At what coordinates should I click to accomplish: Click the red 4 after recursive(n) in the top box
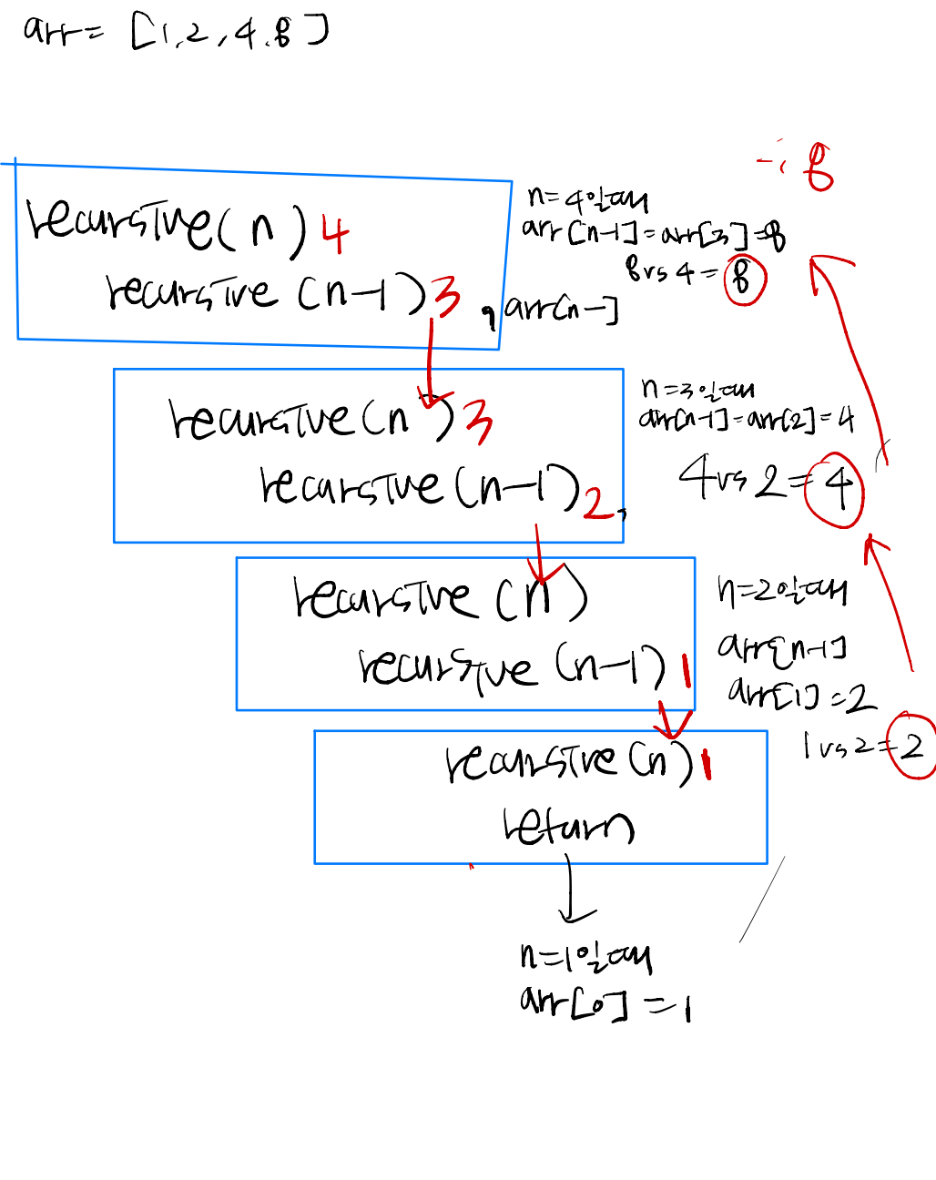pyautogui.click(x=335, y=235)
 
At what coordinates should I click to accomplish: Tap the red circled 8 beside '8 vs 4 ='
pyautogui.click(x=744, y=280)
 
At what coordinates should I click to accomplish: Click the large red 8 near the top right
pyautogui.click(x=819, y=168)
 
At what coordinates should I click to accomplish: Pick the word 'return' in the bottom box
pyautogui.click(x=567, y=827)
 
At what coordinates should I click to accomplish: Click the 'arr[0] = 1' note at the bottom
pyautogui.click(x=605, y=1004)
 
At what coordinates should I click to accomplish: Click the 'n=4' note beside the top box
pyautogui.click(x=588, y=197)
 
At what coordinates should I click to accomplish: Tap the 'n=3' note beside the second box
pyautogui.click(x=697, y=389)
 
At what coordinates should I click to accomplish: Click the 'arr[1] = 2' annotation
pyautogui.click(x=801, y=696)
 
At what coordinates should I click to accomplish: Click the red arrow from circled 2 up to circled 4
pyautogui.click(x=891, y=601)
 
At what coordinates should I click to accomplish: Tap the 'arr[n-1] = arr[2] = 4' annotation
pyautogui.click(x=746, y=419)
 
